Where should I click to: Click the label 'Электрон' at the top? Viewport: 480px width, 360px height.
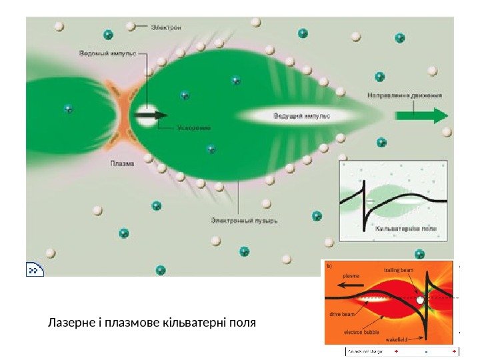pyautogui.click(x=166, y=27)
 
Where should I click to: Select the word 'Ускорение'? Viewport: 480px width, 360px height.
pyautogui.click(x=195, y=127)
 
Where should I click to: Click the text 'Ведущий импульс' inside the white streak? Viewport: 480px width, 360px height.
pyautogui.click(x=302, y=116)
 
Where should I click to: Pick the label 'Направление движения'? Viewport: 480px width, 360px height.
pyautogui.click(x=405, y=95)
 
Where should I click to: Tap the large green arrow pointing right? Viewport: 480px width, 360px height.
pyautogui.click(x=421, y=115)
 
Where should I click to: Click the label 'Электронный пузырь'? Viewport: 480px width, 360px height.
pyautogui.click(x=244, y=218)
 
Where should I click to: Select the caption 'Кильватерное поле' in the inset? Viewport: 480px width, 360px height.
pyautogui.click(x=407, y=229)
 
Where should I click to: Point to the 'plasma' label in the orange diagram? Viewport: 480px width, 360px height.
pyautogui.click(x=351, y=274)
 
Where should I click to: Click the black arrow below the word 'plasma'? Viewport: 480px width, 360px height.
pyautogui.click(x=350, y=284)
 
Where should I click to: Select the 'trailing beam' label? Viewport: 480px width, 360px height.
pyautogui.click(x=399, y=270)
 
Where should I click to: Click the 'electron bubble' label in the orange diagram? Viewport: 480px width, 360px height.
pyautogui.click(x=361, y=331)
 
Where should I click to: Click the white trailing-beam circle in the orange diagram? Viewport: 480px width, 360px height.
pyautogui.click(x=420, y=301)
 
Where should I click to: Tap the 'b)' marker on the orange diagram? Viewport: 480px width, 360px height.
pyautogui.click(x=327, y=265)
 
